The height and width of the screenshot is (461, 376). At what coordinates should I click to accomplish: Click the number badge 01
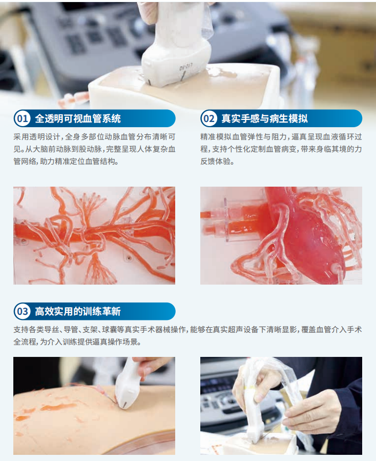[x=23, y=119]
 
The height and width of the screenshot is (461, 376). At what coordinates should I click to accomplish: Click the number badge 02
[x=210, y=119]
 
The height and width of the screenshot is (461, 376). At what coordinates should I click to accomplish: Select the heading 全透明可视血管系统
[x=78, y=119]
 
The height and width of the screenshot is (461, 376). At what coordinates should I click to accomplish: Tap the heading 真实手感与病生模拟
[x=264, y=119]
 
